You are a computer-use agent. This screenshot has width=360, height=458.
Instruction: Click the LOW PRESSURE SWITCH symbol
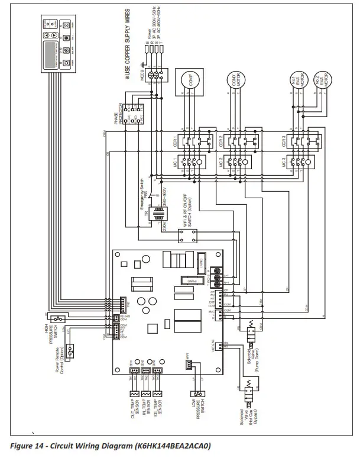tap(196, 393)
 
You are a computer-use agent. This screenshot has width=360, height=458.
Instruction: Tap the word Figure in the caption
tap(26, 445)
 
